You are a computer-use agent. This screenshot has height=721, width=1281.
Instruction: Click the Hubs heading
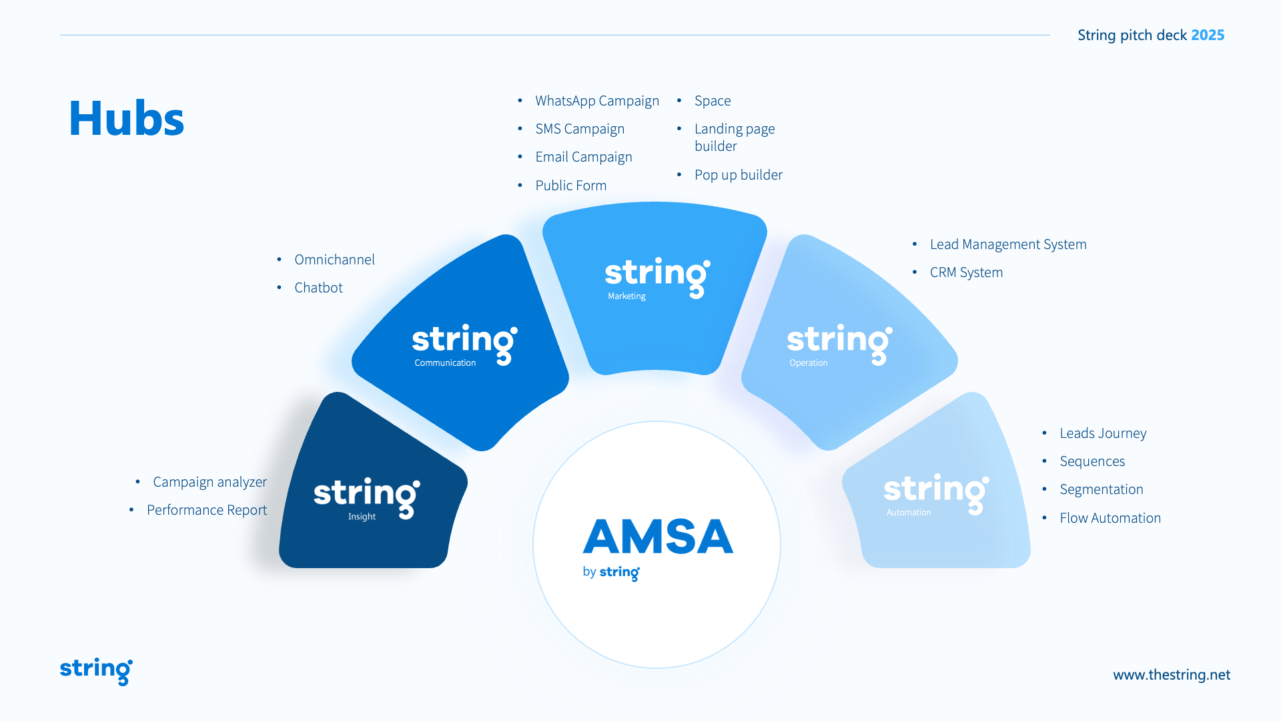pyautogui.click(x=126, y=118)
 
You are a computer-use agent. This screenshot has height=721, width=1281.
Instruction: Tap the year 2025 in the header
pyautogui.click(x=1208, y=35)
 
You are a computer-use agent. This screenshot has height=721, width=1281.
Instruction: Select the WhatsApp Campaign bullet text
pyautogui.click(x=596, y=101)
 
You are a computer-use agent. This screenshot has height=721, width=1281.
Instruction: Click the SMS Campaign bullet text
pyautogui.click(x=579, y=129)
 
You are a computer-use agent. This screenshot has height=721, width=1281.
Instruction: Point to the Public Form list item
pyautogui.click(x=570, y=186)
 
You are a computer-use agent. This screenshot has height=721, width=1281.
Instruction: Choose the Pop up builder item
pyautogui.click(x=738, y=175)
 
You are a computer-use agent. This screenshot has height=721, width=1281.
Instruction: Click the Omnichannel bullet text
pyautogui.click(x=334, y=260)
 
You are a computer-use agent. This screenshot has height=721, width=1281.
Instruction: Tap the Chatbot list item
pyautogui.click(x=318, y=288)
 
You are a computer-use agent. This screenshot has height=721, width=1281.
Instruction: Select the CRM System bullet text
pyautogui.click(x=965, y=272)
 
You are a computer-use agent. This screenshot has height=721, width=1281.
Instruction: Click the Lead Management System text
pyautogui.click(x=1007, y=244)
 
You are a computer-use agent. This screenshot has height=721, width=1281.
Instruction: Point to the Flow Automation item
pyautogui.click(x=1110, y=518)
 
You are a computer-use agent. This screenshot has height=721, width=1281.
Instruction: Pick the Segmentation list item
pyautogui.click(x=1101, y=489)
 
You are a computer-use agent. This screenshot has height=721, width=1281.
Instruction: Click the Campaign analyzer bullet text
pyautogui.click(x=209, y=482)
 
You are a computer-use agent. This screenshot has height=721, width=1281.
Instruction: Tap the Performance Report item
pyautogui.click(x=206, y=510)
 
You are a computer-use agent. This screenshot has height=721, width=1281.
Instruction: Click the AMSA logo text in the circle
pyautogui.click(x=658, y=537)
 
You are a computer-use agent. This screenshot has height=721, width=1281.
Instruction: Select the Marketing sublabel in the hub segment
pyautogui.click(x=626, y=296)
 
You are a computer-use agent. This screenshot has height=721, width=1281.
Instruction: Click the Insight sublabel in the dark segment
pyautogui.click(x=362, y=517)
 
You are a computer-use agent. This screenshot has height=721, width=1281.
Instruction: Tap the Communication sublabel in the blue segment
pyautogui.click(x=445, y=363)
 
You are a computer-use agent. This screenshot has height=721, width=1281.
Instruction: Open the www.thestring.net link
pyautogui.click(x=1171, y=675)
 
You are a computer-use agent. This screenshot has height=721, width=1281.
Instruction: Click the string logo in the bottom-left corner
pyautogui.click(x=96, y=670)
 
